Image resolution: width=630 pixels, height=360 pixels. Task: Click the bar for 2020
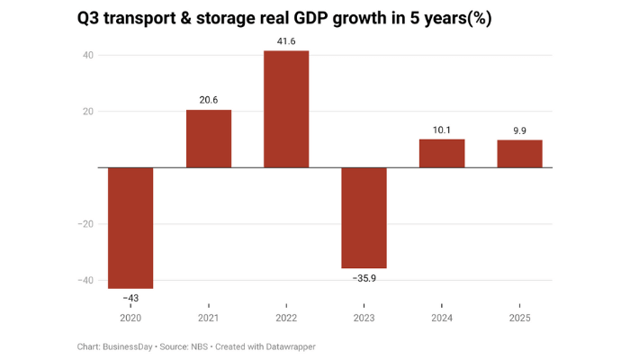tap(130, 228)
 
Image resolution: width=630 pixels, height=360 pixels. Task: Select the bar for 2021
tap(209, 139)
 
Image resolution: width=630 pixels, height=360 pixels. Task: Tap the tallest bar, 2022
tap(286, 109)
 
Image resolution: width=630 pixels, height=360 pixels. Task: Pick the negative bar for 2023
tap(364, 218)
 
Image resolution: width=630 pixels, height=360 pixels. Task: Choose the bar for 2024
tap(442, 153)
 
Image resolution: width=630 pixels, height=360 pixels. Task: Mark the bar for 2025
tap(519, 154)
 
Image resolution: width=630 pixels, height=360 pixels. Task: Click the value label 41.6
tap(286, 41)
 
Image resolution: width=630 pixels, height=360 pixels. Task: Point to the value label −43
tap(130, 298)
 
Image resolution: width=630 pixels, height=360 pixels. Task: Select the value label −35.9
tap(364, 278)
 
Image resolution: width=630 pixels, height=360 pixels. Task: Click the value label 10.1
tap(442, 130)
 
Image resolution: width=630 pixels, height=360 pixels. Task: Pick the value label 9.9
tap(519, 131)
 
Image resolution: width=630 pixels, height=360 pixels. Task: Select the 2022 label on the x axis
tap(286, 318)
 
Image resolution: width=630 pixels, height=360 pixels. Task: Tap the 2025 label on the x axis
tap(519, 318)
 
